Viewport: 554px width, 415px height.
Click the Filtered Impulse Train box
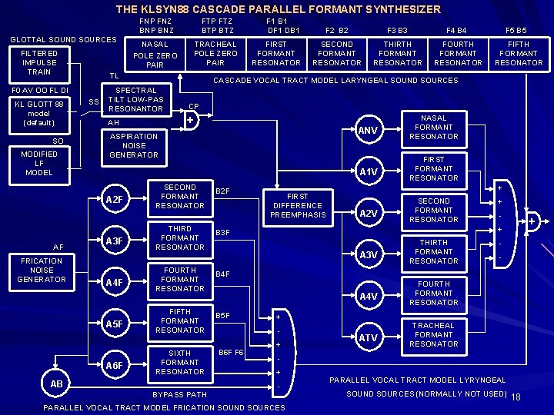38,63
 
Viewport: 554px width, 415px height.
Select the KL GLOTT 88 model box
38,113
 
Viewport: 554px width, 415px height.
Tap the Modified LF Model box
38,163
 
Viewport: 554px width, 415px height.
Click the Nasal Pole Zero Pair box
155,55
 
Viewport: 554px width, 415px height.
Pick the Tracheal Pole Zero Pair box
215,54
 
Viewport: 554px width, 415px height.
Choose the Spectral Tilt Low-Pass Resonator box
135,99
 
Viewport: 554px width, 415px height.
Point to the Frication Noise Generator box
42,270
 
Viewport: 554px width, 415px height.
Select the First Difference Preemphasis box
297,205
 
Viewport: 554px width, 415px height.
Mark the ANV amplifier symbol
369,131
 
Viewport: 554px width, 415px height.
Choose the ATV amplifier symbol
369,337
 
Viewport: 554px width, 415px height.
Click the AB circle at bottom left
56,383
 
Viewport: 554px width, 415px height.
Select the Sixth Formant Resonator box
180,362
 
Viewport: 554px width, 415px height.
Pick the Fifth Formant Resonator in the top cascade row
519,54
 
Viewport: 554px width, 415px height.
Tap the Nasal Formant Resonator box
434,127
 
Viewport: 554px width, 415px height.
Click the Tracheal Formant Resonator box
434,334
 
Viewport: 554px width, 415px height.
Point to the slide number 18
516,397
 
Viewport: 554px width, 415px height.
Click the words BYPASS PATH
180,394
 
